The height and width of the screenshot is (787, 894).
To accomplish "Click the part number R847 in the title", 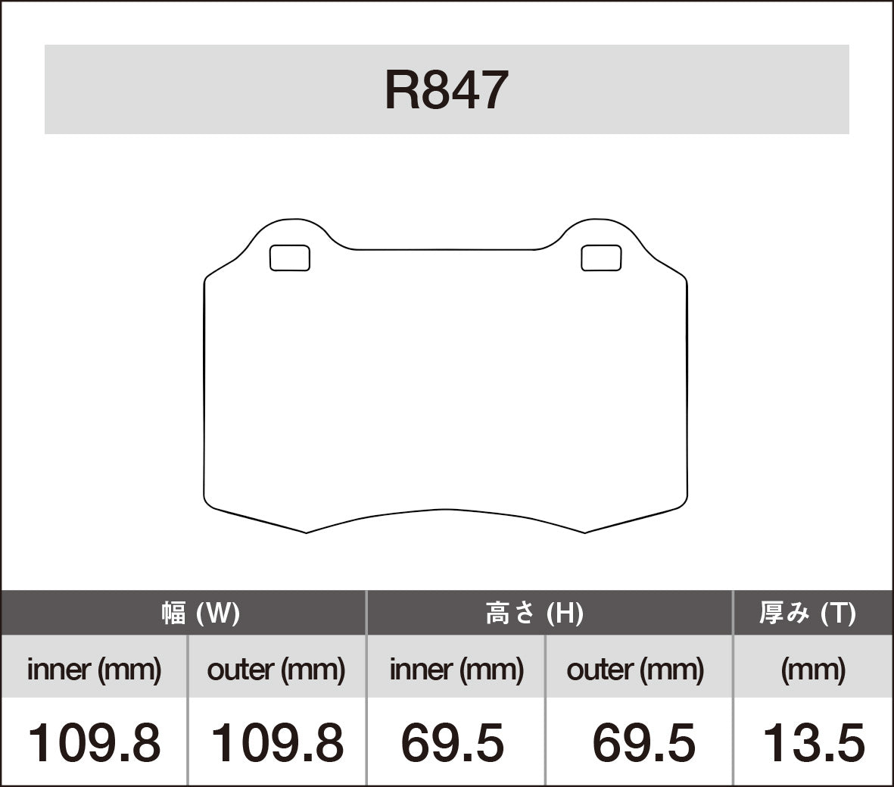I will point(446,90).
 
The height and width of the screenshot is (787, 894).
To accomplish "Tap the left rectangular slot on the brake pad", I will point(290,258).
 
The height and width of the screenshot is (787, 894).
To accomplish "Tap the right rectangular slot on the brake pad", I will point(601,258).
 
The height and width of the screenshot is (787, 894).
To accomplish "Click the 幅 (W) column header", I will point(201,613).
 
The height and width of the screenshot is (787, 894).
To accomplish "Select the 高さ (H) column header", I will point(534,613).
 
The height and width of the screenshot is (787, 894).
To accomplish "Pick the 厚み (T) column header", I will point(808,613).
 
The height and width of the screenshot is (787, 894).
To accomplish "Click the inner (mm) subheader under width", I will point(94,669).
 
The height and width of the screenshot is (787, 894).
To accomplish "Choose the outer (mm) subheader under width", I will point(276,669).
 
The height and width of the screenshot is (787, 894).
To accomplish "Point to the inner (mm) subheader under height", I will point(456,669).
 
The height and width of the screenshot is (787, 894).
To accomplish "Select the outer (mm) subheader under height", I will point(635,669).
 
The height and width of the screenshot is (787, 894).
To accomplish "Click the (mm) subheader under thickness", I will point(813,669).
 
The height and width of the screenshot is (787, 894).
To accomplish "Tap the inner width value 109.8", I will point(94,742).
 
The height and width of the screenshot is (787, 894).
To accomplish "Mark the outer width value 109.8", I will point(276,742).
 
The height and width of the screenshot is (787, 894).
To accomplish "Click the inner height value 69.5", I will point(452,742).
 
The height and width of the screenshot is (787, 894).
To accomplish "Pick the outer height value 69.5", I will point(643,742).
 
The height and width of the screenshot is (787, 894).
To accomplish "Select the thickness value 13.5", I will point(813,742).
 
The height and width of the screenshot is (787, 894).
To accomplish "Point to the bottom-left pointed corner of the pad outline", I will point(306,532).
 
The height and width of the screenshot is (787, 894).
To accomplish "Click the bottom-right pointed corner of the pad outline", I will point(585,532).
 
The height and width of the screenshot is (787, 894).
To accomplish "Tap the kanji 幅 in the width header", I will point(173,613).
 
